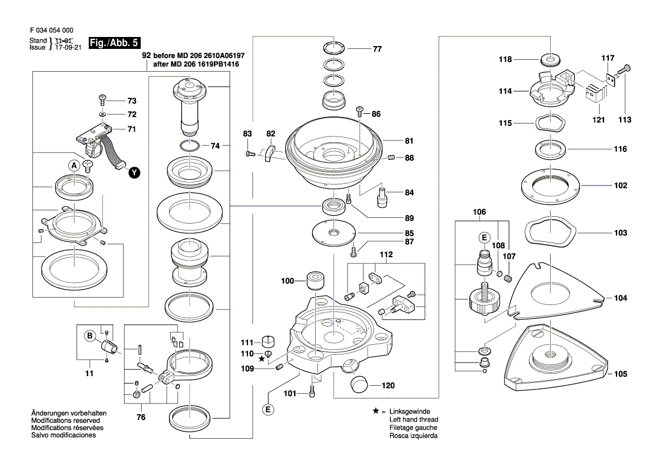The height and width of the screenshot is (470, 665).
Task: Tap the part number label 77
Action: click(x=377, y=49)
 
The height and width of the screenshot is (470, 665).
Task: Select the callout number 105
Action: click(x=620, y=374)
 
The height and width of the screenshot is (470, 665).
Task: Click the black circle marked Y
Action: click(x=134, y=172)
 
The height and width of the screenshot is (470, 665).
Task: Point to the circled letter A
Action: click(x=73, y=166)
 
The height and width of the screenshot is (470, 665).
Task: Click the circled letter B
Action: click(x=89, y=336)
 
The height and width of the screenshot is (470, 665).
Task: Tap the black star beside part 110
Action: click(x=262, y=359)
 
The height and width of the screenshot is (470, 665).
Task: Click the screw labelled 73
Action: click(x=103, y=100)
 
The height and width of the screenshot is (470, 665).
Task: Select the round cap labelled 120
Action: click(x=360, y=385)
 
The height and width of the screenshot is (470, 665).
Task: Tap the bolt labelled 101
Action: click(x=312, y=391)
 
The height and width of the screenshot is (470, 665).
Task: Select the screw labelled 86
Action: click(x=360, y=112)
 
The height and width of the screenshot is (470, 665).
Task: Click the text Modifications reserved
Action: click(x=64, y=420)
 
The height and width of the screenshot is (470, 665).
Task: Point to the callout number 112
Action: click(x=386, y=254)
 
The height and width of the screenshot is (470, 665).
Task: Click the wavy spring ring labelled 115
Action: click(x=550, y=122)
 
